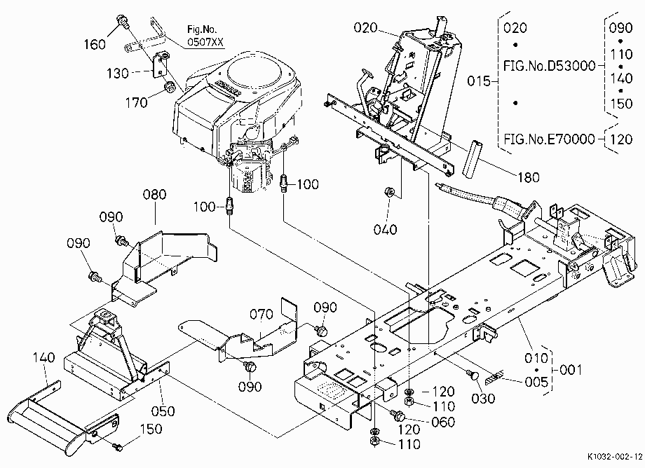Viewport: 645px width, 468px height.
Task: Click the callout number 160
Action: click(95, 44)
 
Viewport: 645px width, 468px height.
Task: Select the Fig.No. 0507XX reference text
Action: click(202, 35)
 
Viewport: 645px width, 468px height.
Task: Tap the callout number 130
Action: click(118, 74)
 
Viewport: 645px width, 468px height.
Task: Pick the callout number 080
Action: click(155, 194)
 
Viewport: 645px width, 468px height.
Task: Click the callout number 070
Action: click(262, 315)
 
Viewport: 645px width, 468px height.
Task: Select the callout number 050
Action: click(163, 411)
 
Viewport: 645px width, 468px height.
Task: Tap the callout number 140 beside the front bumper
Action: click(43, 357)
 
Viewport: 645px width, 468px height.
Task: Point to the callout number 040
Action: click(386, 230)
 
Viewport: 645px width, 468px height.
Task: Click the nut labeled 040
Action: click(388, 191)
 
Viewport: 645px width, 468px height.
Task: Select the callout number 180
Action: click(528, 177)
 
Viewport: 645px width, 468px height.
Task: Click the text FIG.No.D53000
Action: click(550, 66)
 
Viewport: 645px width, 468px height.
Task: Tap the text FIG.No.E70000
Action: click(550, 139)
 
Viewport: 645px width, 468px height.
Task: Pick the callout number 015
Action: click(479, 81)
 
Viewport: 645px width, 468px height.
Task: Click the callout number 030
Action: click(483, 398)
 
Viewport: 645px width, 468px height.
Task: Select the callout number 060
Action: click(443, 422)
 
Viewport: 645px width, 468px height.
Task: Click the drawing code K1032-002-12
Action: click(615, 457)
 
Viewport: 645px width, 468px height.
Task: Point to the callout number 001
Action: click(571, 370)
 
